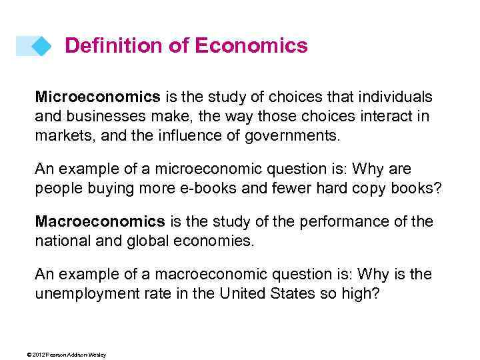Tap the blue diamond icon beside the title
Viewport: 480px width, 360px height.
click(41, 45)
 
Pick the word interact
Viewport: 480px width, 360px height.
click(385, 117)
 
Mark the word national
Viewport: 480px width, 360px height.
click(63, 241)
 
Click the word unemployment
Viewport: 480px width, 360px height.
click(89, 294)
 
